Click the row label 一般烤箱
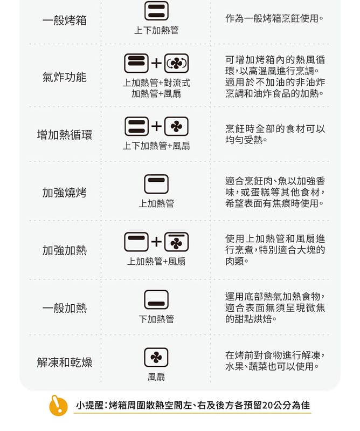65,20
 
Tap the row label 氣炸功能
65,77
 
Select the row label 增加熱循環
65,135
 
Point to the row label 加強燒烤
65,193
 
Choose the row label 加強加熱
65,250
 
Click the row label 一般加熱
65,308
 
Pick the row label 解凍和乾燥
65,362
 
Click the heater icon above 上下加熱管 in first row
156,11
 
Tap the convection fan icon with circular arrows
176,63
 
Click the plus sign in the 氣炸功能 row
156,63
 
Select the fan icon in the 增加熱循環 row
176,126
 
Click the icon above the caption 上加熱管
156,184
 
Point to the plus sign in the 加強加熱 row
156,242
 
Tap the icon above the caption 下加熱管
156,299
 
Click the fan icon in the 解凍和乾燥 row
156,357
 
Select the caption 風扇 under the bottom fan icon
156,377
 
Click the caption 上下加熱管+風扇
156,146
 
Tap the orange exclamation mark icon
58,406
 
